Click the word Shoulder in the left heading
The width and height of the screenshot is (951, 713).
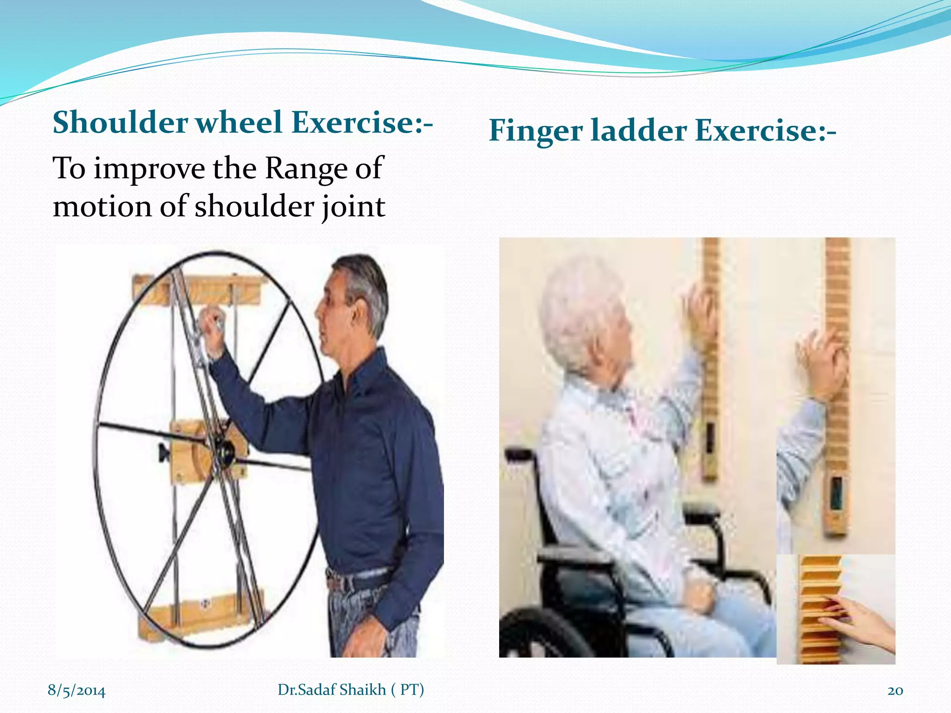pyautogui.click(x=120, y=123)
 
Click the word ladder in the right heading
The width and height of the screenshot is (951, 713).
pyautogui.click(x=638, y=131)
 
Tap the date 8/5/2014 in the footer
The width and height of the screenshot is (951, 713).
pyautogui.click(x=77, y=691)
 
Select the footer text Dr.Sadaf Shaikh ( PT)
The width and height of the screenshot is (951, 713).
pyautogui.click(x=351, y=690)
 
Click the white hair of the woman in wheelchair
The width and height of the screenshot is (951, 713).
pyautogui.click(x=580, y=316)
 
